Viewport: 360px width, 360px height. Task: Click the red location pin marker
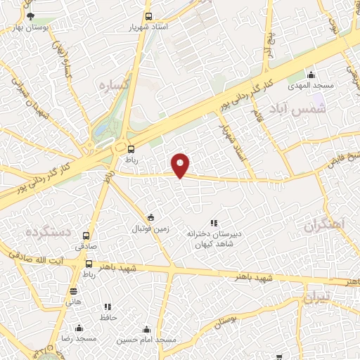pyautogui.click(x=181, y=165)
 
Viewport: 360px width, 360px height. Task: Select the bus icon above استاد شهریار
pyautogui.click(x=148, y=16)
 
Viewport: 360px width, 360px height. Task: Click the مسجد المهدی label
pyautogui.click(x=309, y=86)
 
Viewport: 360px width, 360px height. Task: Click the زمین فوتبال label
pyautogui.click(x=152, y=229)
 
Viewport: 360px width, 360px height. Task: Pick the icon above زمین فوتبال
pyautogui.click(x=150, y=217)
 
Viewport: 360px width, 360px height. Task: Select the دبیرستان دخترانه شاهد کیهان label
pyautogui.click(x=214, y=238)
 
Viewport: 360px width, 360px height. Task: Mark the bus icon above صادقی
pyautogui.click(x=86, y=236)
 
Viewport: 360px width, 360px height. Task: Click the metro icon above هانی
pyautogui.click(x=73, y=291)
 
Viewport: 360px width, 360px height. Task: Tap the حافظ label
pyautogui.click(x=108, y=317)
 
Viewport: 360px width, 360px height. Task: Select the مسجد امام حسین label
pyautogui.click(x=146, y=339)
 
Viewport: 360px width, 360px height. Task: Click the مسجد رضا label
pyautogui.click(x=79, y=339)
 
